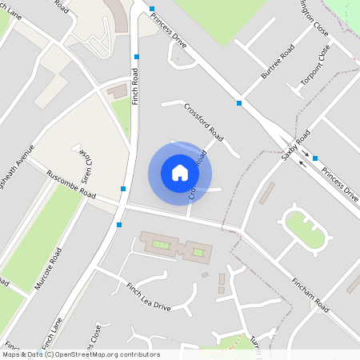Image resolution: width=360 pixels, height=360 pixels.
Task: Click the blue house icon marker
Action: [180, 172]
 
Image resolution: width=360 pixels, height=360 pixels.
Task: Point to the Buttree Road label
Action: [278, 62]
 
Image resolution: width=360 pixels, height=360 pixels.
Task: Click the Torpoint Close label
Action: [315, 66]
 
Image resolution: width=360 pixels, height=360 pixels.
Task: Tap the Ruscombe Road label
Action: [71, 185]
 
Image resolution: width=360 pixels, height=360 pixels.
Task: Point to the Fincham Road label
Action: [311, 294]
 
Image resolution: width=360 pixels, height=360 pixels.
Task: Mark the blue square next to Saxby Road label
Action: [315, 158]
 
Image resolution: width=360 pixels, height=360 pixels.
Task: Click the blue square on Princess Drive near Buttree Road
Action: [238, 103]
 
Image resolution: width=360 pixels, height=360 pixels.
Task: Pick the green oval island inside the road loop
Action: [305, 229]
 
